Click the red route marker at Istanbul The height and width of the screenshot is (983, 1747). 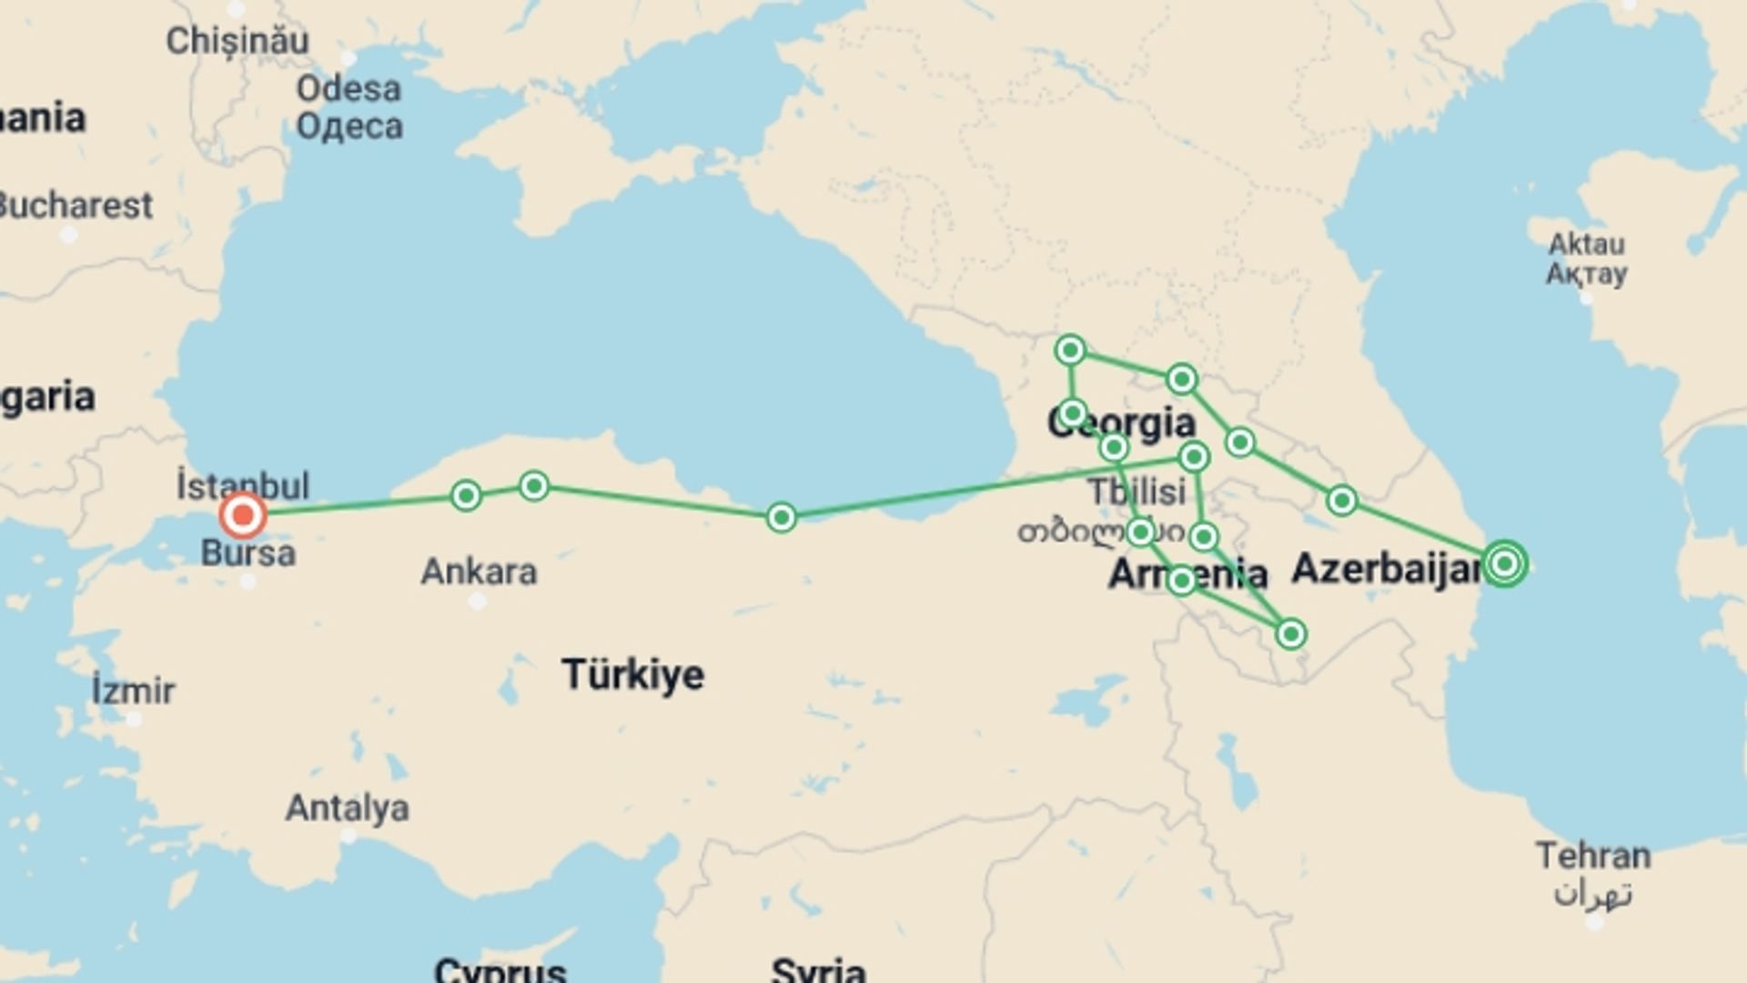(243, 516)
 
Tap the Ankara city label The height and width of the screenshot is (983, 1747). (479, 573)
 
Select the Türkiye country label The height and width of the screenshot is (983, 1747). (633, 674)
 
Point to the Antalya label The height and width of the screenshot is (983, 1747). (348, 808)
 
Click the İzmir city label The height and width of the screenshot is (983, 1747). (133, 691)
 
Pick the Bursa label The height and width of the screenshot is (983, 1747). (248, 553)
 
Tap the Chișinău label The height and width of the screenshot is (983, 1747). (237, 41)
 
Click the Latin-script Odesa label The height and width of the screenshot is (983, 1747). (348, 89)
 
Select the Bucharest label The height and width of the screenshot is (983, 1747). (75, 206)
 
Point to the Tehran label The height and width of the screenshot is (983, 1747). (1592, 856)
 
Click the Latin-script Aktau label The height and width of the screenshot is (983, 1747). (1587, 244)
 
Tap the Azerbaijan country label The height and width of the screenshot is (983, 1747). (1386, 569)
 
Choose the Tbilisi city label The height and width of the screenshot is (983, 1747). (1137, 492)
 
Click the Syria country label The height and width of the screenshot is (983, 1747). (818, 968)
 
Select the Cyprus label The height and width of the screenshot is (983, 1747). (500, 968)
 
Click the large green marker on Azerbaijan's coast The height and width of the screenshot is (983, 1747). (1504, 564)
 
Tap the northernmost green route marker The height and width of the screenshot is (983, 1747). (1070, 350)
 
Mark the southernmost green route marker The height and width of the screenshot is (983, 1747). (1290, 633)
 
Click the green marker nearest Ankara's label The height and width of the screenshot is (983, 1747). (466, 495)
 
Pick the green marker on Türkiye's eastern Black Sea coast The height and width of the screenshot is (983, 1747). (781, 518)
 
